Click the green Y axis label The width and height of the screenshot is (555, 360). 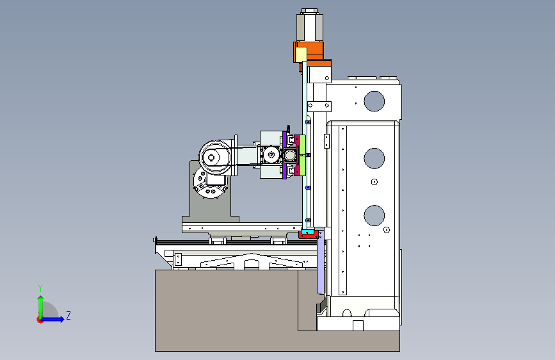(40, 288)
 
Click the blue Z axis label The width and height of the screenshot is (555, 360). (68, 315)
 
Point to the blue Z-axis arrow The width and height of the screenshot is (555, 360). (52, 319)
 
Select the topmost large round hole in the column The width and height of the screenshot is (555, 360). (374, 101)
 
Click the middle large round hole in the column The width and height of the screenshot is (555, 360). (374, 158)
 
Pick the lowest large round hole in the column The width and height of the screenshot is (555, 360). (374, 215)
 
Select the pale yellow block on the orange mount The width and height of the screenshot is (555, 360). (301, 54)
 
